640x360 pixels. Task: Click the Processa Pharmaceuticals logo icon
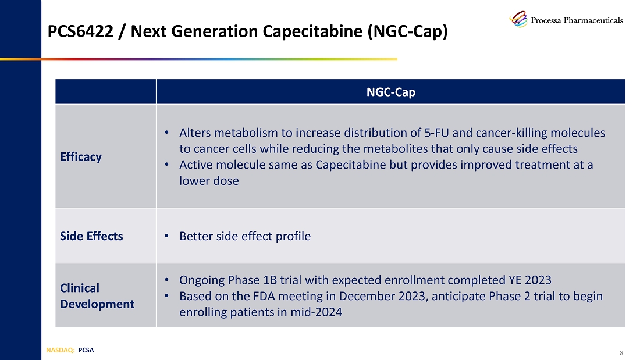(518, 19)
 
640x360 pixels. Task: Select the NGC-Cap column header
(390, 92)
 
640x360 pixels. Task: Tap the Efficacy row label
(81, 156)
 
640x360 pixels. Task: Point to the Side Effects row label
(91, 236)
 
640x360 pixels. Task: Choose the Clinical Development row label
(97, 296)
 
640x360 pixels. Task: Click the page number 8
(621, 353)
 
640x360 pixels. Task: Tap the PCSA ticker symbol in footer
(86, 350)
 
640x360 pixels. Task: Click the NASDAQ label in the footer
(59, 350)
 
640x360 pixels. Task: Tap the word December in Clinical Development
(365, 296)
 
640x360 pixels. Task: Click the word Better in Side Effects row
(195, 236)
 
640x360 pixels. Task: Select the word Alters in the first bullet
(195, 133)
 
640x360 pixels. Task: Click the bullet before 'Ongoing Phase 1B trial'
(168, 280)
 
